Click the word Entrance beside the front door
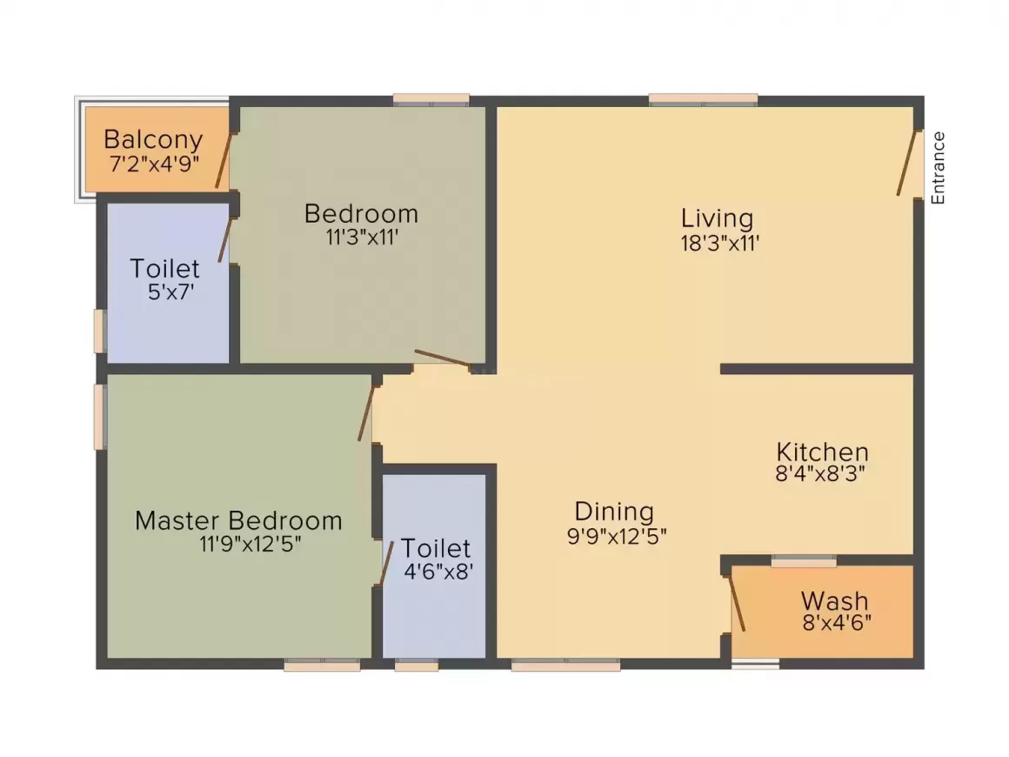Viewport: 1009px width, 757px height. (x=938, y=167)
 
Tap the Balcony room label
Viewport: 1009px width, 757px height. (x=153, y=139)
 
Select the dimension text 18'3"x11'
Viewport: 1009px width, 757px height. (x=721, y=244)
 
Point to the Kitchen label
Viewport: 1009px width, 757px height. (x=822, y=452)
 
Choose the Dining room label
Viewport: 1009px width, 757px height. (x=614, y=512)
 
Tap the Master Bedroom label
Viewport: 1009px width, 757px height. (x=238, y=521)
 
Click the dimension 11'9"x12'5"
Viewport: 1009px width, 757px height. (x=251, y=545)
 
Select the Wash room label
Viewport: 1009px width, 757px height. (x=834, y=601)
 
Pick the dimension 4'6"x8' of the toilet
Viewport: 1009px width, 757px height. (x=438, y=573)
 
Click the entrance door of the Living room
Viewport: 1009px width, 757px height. (x=909, y=164)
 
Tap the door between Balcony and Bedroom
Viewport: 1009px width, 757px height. (x=224, y=161)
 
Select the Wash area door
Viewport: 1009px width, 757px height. (x=737, y=602)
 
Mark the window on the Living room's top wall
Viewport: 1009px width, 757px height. (x=703, y=99)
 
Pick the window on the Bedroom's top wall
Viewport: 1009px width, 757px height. (x=431, y=99)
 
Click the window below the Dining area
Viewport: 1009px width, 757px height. (x=565, y=666)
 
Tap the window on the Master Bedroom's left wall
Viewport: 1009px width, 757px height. (x=100, y=417)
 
